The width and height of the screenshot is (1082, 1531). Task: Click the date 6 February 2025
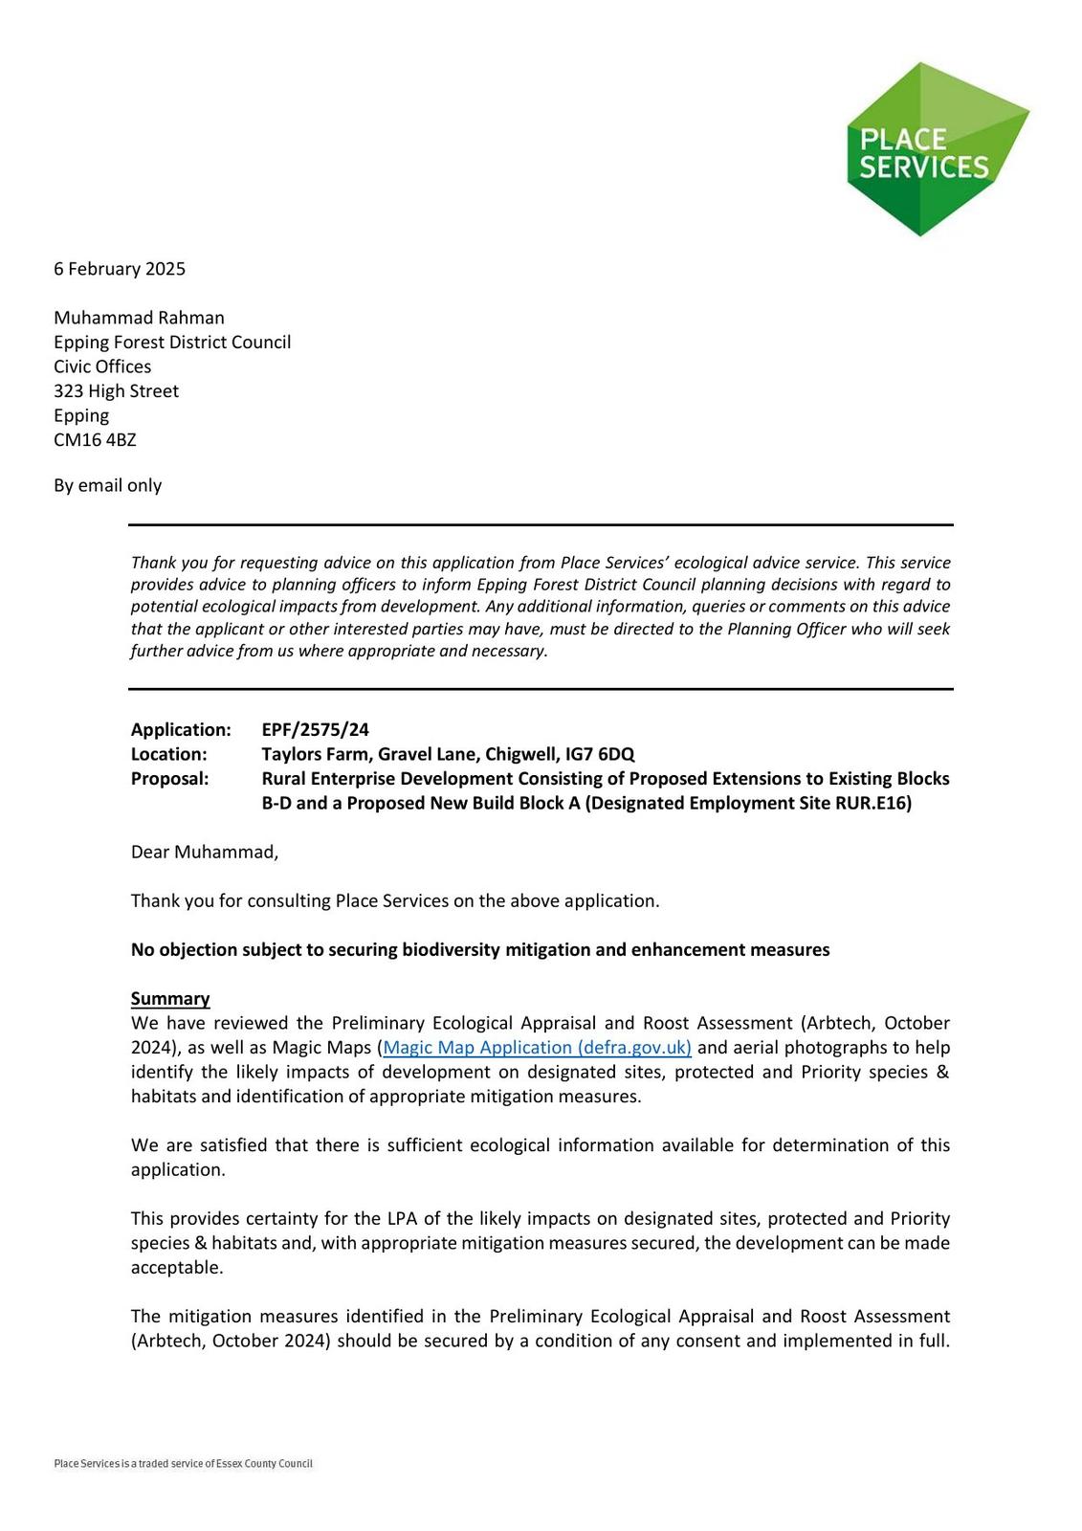tap(120, 269)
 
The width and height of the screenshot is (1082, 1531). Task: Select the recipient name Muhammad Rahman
tap(139, 318)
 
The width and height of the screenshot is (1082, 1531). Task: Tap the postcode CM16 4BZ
tap(95, 440)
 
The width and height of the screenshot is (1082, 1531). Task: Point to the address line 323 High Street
tap(116, 391)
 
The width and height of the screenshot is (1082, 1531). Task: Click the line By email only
tap(107, 485)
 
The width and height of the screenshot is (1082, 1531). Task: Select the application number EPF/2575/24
tap(315, 730)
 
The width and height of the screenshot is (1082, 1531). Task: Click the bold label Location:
tap(168, 754)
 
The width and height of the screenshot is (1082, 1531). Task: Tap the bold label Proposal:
tap(169, 779)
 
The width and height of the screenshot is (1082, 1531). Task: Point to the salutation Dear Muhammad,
tap(205, 852)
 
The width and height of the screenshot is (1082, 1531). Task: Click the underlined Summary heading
tap(170, 999)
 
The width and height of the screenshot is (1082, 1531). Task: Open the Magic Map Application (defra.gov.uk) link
tap(537, 1048)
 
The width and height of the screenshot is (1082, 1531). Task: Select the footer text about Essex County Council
tap(183, 1464)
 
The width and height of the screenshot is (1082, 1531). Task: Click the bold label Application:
tap(181, 730)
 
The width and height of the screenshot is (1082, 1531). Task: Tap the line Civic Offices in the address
tap(102, 366)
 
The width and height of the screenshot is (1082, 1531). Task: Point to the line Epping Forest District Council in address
tap(172, 343)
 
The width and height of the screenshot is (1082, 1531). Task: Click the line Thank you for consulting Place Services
tap(394, 901)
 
